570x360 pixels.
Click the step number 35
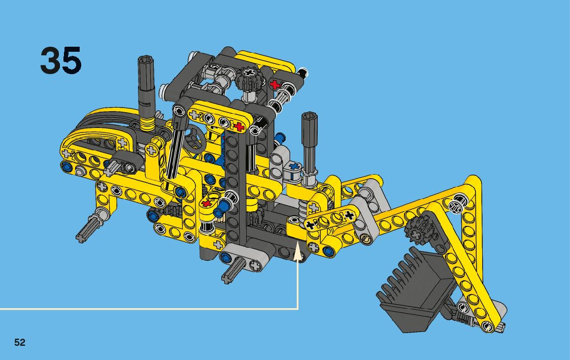(61, 60)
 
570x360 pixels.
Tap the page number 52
(20, 342)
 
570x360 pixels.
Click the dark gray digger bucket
(414, 289)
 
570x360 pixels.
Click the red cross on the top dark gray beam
(275, 85)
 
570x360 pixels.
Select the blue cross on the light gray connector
(294, 167)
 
